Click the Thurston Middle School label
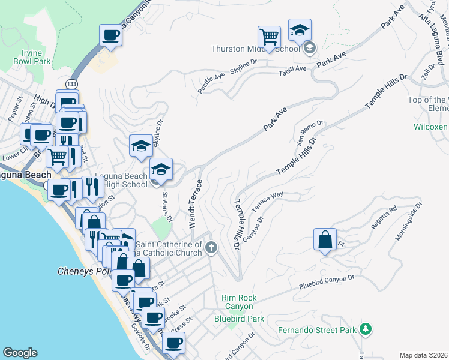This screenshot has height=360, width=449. tap(255, 49)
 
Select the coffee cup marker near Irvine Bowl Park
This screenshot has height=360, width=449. tap(110, 36)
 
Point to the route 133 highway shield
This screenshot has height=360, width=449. tap(73, 83)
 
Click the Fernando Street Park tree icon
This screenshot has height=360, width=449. tap(365, 329)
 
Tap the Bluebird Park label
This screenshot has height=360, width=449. tap(239, 319)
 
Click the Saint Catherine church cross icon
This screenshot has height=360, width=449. tap(211, 247)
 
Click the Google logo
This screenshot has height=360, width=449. tap(20, 353)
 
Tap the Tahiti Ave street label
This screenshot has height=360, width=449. tap(292, 69)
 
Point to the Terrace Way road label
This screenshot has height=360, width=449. tap(267, 202)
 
